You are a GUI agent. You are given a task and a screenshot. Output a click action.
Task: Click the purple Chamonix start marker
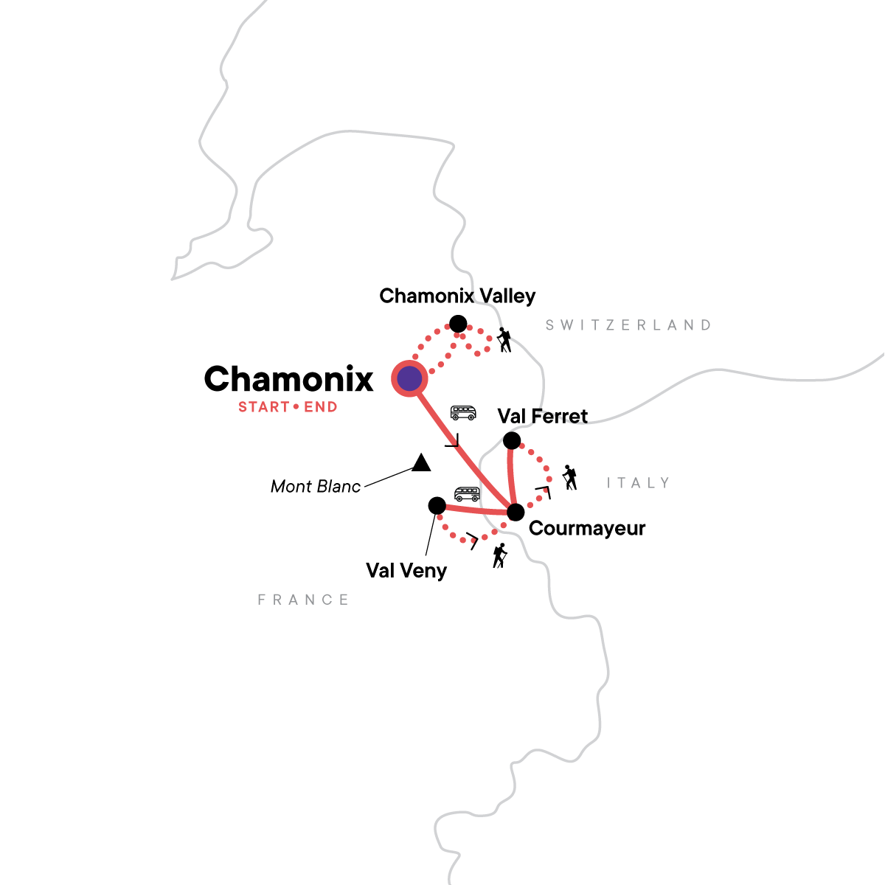click(x=409, y=379)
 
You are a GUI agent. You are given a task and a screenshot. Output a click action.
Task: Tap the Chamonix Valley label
click(x=457, y=296)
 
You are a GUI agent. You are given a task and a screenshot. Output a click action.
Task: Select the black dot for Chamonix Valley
click(x=458, y=324)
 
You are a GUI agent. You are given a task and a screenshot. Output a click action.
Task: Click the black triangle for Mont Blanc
click(x=421, y=463)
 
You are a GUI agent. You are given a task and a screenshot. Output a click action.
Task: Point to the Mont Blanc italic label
click(x=316, y=487)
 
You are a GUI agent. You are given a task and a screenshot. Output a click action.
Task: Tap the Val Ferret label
click(x=543, y=417)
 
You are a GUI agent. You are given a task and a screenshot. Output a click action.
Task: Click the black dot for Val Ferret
click(x=511, y=441)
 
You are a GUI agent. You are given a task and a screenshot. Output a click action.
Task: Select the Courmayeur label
click(x=587, y=529)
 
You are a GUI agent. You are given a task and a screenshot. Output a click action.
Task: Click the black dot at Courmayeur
click(x=516, y=512)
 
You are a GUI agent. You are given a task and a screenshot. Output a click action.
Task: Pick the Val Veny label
click(x=406, y=571)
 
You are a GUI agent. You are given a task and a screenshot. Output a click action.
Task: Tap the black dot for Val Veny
click(x=437, y=505)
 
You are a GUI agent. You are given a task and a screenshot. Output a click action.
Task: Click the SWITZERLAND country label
click(x=628, y=325)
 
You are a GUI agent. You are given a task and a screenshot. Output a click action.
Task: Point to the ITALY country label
click(x=638, y=483)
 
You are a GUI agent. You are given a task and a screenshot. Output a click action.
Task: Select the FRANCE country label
click(x=303, y=600)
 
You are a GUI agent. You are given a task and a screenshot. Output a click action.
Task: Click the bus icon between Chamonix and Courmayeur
click(x=463, y=412)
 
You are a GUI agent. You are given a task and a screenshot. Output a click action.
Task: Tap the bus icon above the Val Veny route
click(x=467, y=493)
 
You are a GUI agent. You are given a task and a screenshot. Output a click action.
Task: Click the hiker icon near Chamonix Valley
click(x=504, y=340)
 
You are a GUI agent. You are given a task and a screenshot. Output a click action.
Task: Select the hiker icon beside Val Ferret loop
click(x=569, y=478)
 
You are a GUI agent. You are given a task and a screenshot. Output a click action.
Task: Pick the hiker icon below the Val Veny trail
click(x=500, y=555)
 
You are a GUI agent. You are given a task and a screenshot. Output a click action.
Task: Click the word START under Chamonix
click(x=263, y=407)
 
